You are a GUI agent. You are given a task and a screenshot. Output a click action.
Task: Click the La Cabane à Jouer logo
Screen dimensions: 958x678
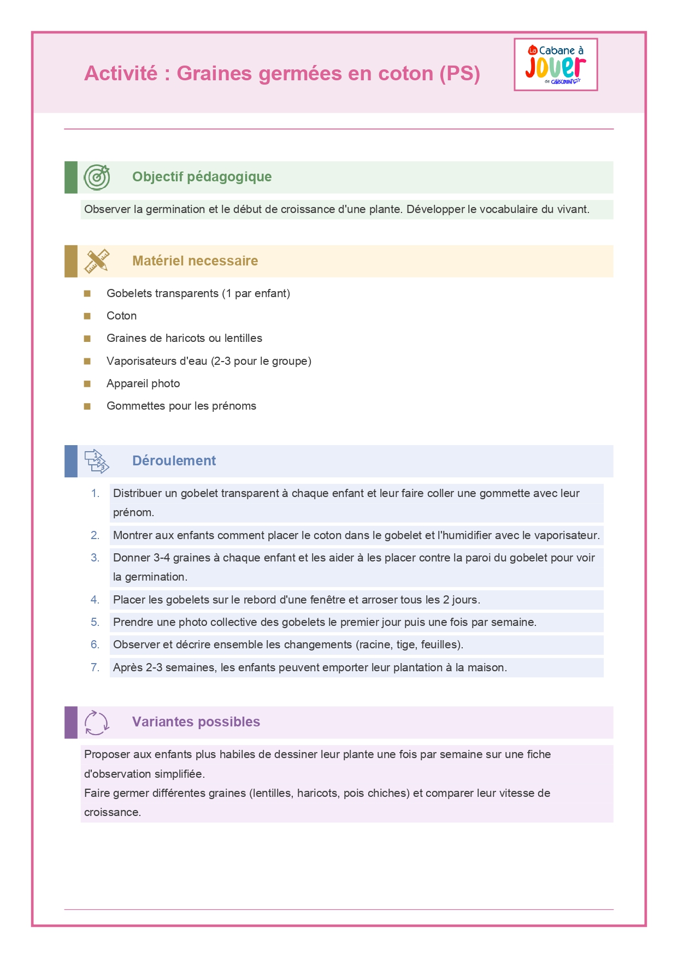pos(556,64)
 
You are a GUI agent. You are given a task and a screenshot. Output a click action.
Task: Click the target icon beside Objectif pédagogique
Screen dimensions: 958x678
pos(97,177)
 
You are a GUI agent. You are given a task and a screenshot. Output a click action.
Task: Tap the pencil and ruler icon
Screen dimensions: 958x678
pos(97,261)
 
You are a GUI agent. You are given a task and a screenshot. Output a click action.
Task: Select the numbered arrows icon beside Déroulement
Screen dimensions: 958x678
pos(97,461)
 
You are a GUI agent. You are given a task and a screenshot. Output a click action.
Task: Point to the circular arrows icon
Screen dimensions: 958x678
pos(97,723)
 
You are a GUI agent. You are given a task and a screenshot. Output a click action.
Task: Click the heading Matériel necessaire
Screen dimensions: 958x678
pos(195,261)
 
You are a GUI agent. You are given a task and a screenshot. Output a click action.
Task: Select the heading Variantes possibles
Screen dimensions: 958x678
pos(196,722)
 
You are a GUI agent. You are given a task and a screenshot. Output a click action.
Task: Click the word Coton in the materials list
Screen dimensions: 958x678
pos(121,316)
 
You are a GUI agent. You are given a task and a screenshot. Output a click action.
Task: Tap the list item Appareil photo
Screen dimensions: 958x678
pos(143,383)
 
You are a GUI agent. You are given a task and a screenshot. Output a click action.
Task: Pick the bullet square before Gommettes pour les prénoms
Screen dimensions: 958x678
pos(87,406)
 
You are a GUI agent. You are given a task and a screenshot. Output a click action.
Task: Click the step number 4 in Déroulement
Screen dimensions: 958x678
pos(95,600)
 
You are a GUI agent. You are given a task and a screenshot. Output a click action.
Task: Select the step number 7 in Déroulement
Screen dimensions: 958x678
pos(95,667)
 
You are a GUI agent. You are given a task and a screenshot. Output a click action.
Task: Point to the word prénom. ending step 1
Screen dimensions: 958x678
pos(133,513)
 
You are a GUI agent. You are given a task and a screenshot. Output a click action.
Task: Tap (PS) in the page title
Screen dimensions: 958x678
pos(459,73)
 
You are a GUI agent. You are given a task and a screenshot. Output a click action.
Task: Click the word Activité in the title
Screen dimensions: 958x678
pos(121,73)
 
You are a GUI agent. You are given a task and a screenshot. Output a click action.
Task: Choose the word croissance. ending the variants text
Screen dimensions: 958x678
pos(113,812)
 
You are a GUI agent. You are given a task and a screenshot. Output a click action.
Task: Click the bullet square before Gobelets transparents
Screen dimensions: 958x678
pos(87,294)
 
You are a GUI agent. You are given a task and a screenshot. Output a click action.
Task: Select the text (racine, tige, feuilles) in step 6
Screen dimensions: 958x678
pos(410,644)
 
